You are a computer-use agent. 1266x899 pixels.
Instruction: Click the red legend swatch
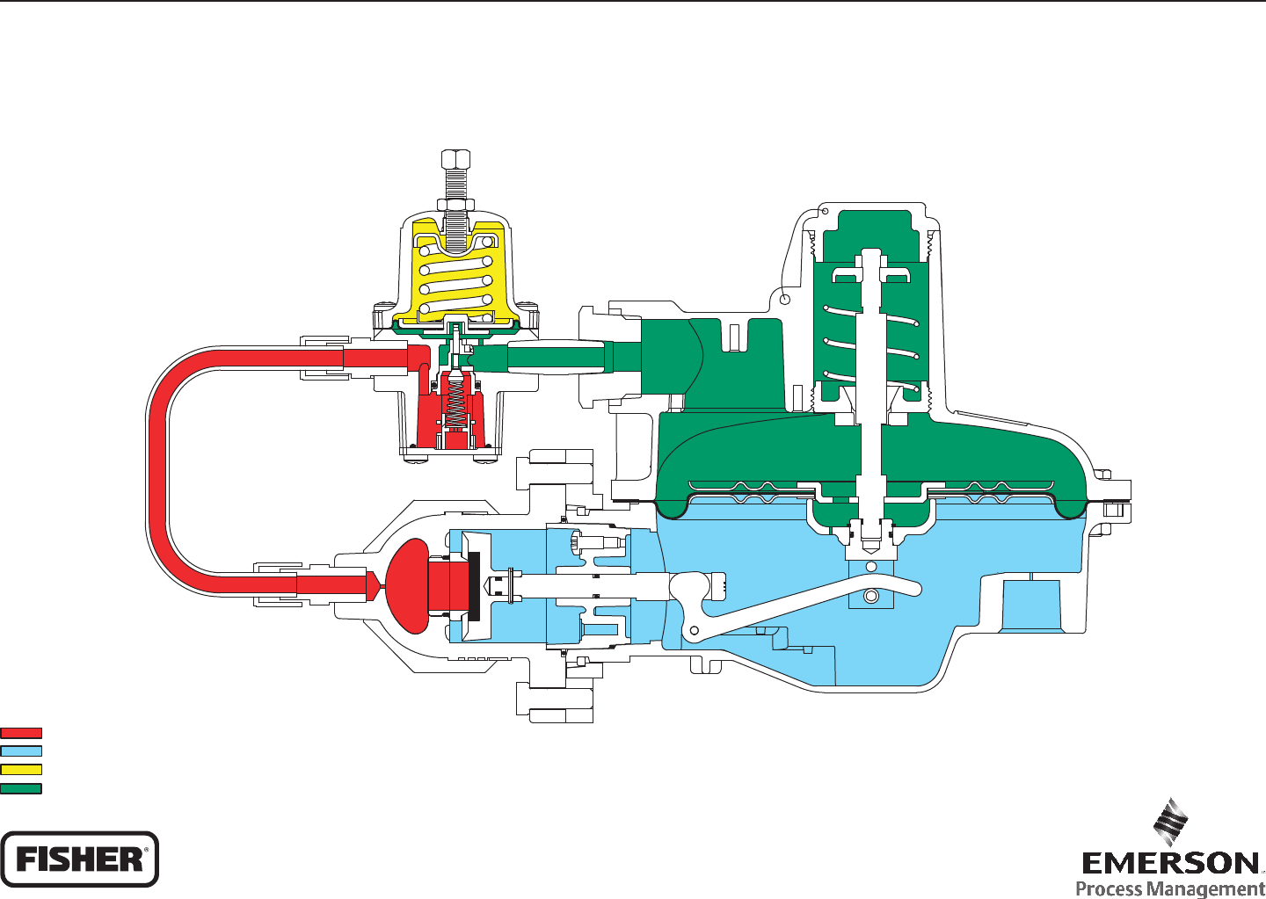[21, 733]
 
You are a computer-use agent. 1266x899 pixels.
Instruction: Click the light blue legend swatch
[21, 751]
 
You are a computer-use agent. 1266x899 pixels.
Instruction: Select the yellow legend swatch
[21, 770]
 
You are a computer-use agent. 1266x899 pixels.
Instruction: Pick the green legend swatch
[21, 788]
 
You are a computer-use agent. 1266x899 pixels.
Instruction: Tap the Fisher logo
[79, 859]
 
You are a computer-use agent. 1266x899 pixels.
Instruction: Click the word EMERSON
[1170, 863]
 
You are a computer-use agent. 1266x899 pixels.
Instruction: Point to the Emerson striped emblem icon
[1171, 822]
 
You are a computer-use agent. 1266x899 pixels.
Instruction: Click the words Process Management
[1170, 888]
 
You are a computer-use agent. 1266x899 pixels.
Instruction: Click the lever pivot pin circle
[694, 630]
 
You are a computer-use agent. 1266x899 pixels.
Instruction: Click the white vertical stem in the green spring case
[870, 369]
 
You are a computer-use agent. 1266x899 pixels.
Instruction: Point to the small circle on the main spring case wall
[785, 300]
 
